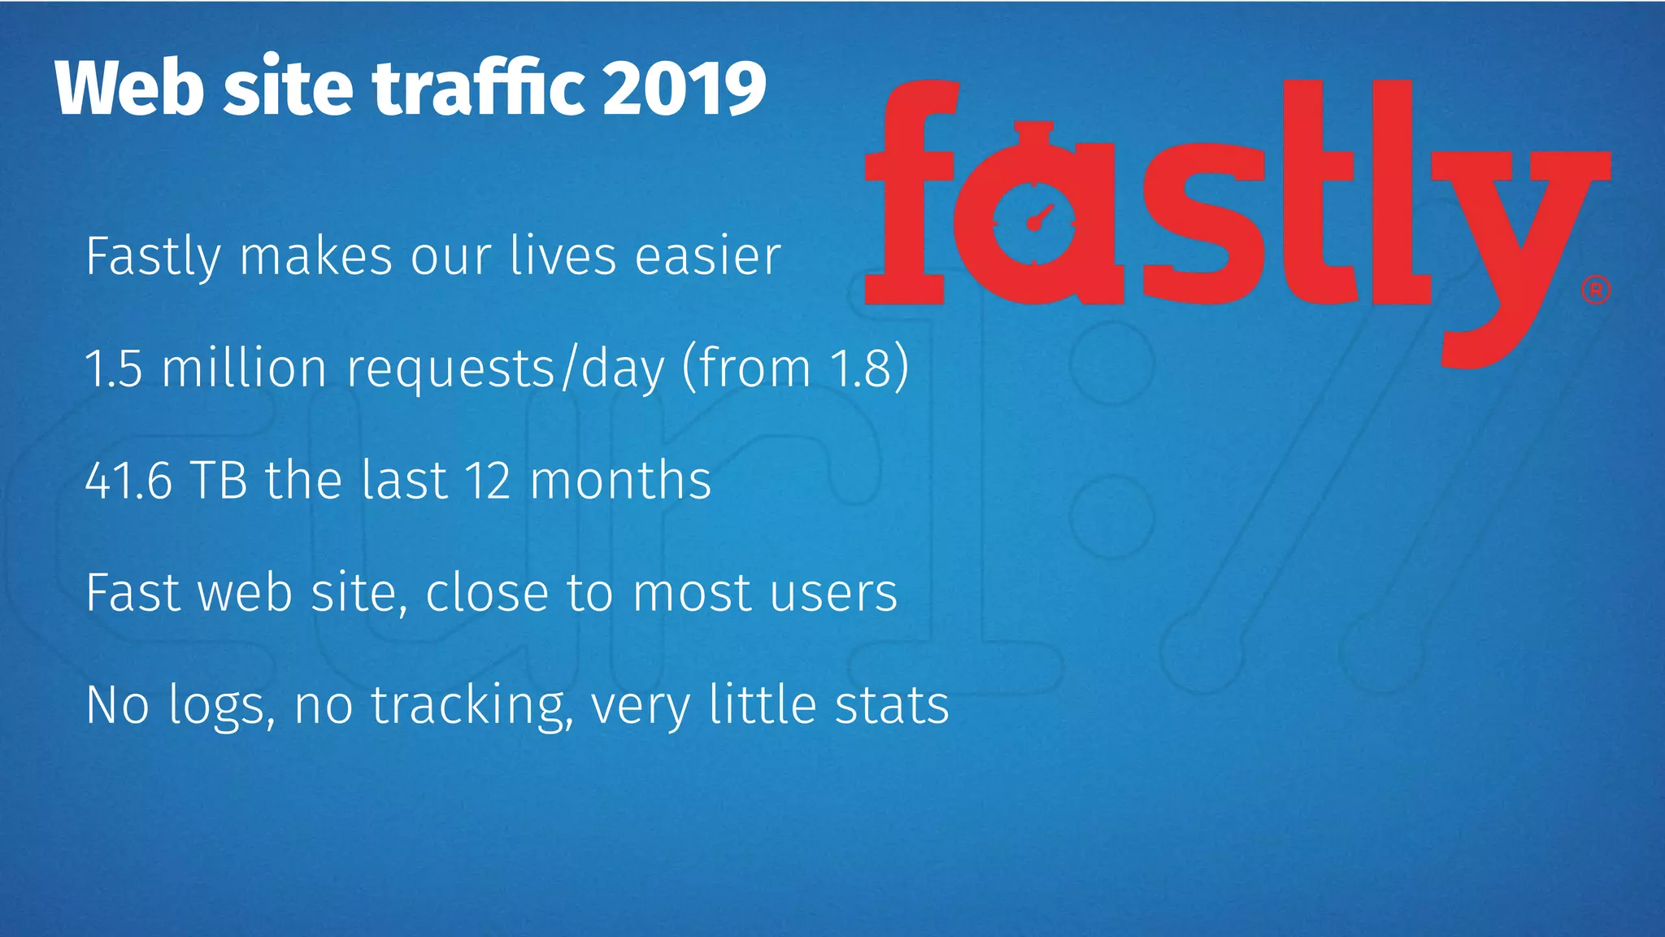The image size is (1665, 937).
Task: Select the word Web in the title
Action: click(128, 88)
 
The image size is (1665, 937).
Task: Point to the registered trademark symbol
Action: click(1596, 290)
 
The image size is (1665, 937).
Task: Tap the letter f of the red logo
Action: click(909, 195)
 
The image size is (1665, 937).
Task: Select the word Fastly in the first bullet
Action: click(153, 257)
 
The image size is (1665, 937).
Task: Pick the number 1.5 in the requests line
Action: click(114, 368)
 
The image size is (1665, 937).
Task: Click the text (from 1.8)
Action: click(795, 368)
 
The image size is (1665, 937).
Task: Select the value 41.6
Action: click(128, 480)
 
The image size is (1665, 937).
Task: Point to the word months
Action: click(621, 480)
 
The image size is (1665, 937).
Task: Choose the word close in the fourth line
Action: click(487, 592)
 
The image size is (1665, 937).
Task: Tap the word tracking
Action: click(467, 705)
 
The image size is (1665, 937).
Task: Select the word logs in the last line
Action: click(216, 706)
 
